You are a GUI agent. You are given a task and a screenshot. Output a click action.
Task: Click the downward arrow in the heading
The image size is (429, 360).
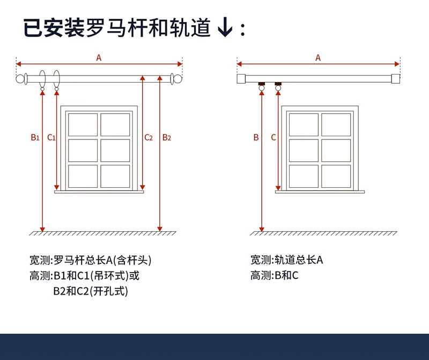(226, 28)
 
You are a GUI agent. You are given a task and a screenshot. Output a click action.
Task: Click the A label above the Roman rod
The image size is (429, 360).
(99, 58)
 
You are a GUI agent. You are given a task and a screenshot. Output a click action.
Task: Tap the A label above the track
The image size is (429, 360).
(318, 58)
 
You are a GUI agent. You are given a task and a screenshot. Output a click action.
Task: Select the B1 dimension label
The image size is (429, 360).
(35, 137)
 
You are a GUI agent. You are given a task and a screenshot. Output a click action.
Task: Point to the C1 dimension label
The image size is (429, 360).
(51, 137)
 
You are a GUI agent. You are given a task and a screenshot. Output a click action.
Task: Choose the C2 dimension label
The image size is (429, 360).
(149, 137)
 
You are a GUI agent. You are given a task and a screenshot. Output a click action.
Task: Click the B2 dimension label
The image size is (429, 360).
(167, 137)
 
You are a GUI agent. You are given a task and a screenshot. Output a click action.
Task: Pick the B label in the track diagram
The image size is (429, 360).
(256, 137)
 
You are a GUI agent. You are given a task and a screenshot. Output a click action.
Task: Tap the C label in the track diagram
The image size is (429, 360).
(273, 137)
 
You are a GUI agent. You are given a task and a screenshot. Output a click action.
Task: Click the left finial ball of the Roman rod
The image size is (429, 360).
(21, 79)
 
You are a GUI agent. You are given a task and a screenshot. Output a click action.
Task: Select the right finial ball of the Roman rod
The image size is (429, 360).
(177, 79)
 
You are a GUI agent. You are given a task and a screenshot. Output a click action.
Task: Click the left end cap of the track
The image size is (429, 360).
(241, 79)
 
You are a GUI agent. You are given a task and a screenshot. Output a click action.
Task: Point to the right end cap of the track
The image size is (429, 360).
(395, 79)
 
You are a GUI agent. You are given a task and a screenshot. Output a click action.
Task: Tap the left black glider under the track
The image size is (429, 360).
(262, 84)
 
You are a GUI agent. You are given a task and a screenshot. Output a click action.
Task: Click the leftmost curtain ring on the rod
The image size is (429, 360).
(43, 79)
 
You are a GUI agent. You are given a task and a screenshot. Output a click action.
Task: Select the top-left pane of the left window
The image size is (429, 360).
(83, 124)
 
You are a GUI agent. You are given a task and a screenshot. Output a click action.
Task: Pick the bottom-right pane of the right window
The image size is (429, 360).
(336, 176)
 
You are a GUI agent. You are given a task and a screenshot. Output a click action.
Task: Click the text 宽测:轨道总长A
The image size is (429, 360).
(286, 260)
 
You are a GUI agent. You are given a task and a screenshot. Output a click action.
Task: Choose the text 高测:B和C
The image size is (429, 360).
(274, 276)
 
